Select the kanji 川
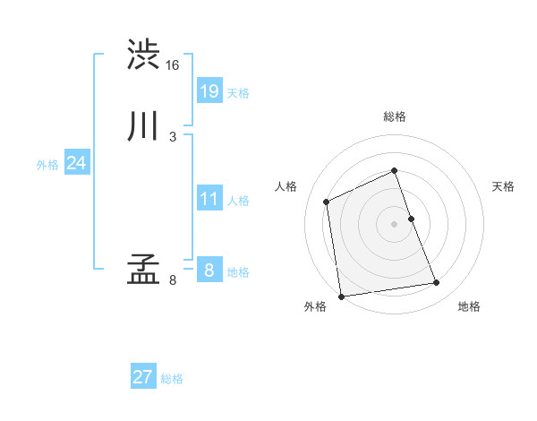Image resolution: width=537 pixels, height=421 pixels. pyautogui.click(x=143, y=127)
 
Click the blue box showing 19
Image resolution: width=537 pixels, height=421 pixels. pyautogui.click(x=209, y=90)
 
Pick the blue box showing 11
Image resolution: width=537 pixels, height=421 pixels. pyautogui.click(x=209, y=199)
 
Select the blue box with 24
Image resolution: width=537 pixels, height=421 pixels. pyautogui.click(x=76, y=163)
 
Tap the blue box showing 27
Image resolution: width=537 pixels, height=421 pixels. pyautogui.click(x=143, y=377)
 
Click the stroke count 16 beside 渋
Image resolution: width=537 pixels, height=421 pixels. pyautogui.click(x=173, y=65)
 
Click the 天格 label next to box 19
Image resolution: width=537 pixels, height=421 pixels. pyautogui.click(x=238, y=93)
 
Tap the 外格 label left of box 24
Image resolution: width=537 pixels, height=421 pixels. pyautogui.click(x=47, y=165)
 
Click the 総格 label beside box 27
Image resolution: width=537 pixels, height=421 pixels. pyautogui.click(x=172, y=379)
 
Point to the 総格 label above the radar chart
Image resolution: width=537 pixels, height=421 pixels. pyautogui.click(x=395, y=116)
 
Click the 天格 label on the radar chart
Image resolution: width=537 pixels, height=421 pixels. pyautogui.click(x=504, y=186)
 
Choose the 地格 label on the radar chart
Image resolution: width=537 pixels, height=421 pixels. pyautogui.click(x=469, y=307)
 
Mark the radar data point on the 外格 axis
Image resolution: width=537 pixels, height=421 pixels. pyautogui.click(x=341, y=296)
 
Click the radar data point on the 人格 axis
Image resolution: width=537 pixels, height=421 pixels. pyautogui.click(x=328, y=202)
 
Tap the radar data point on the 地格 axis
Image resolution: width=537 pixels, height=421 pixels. pyautogui.click(x=437, y=283)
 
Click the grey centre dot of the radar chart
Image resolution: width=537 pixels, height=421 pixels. pyautogui.click(x=395, y=223)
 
